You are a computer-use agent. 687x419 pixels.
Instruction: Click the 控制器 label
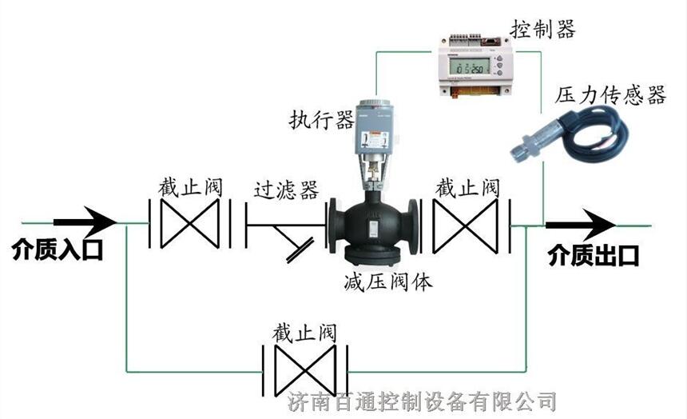click(x=543, y=30)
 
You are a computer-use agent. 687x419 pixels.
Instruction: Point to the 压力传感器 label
click(x=610, y=96)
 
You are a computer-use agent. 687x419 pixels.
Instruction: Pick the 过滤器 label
click(x=286, y=190)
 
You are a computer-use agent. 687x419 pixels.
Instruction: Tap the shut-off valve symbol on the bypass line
click(x=304, y=369)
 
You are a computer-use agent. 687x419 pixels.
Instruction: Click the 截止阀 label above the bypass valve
click(x=303, y=331)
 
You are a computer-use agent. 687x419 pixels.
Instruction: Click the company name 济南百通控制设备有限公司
click(x=420, y=401)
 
